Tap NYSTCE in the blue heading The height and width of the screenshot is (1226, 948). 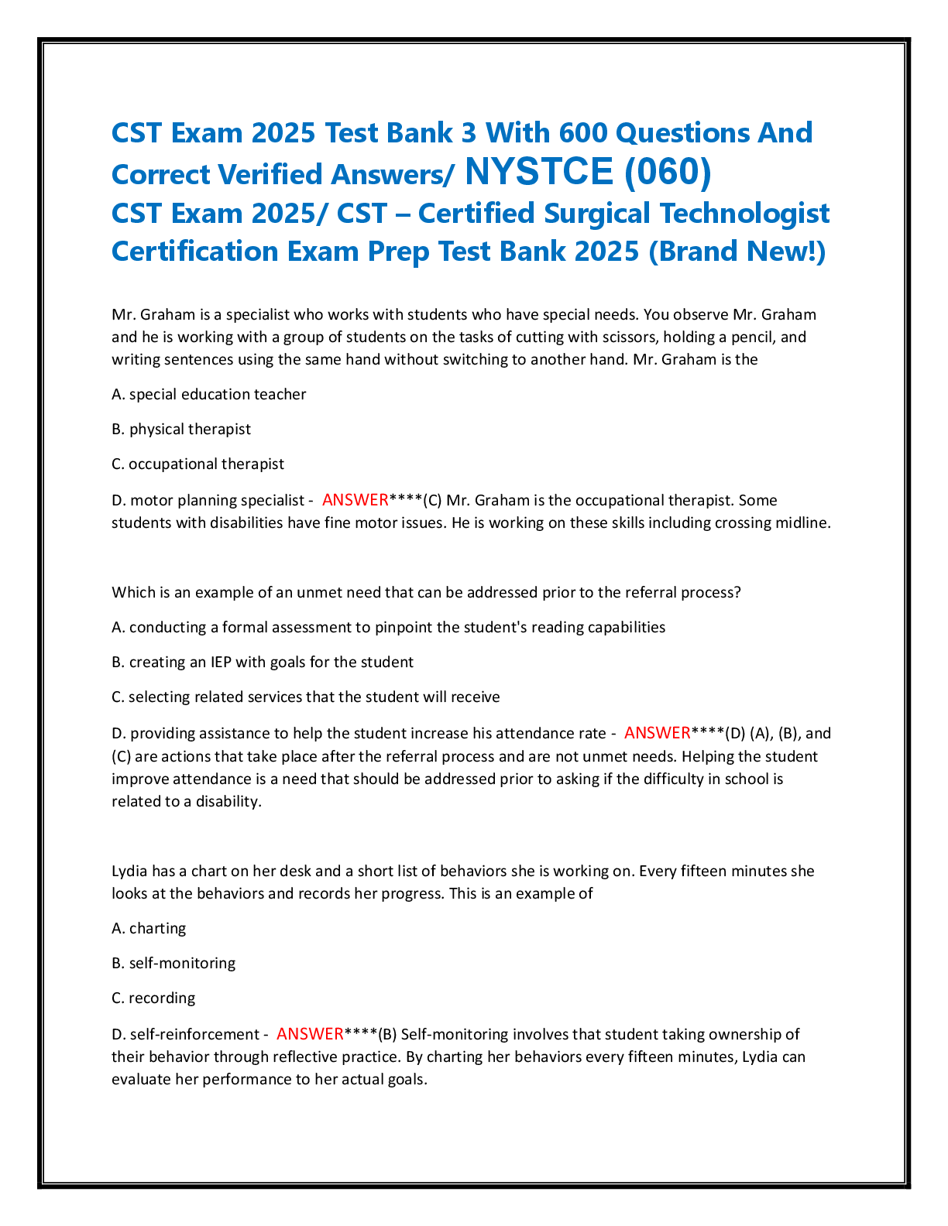[x=539, y=172]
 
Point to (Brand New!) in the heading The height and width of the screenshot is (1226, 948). [x=737, y=252]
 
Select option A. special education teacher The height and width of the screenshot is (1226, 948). [x=209, y=395]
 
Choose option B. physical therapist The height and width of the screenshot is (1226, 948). [x=181, y=430]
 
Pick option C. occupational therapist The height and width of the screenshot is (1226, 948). [x=198, y=464]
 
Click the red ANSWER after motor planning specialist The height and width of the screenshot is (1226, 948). [x=355, y=500]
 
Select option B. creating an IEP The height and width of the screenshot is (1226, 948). [x=263, y=663]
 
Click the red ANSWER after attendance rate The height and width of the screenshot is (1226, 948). [x=658, y=733]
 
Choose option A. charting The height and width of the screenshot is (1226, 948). [x=149, y=929]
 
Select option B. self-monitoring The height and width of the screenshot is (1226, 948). [x=174, y=964]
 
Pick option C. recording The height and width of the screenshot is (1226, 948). [x=153, y=998]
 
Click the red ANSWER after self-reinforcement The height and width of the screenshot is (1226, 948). [x=310, y=1034]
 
